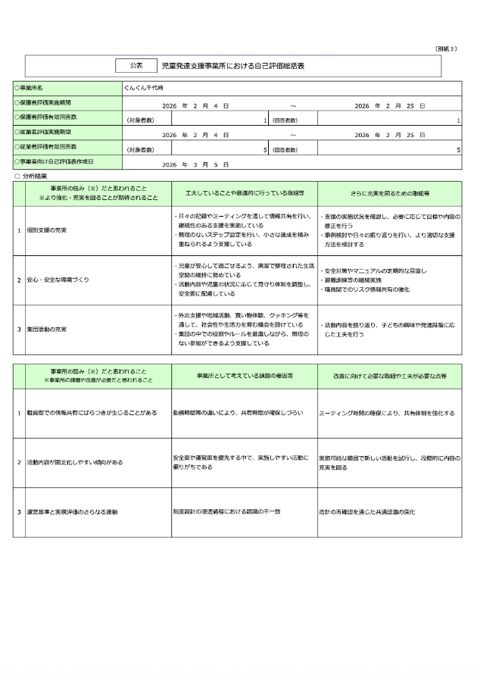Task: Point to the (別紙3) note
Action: pyautogui.click(x=447, y=48)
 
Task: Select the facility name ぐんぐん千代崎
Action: pyautogui.click(x=149, y=89)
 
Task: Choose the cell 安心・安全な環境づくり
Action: pyautogui.click(x=58, y=280)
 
